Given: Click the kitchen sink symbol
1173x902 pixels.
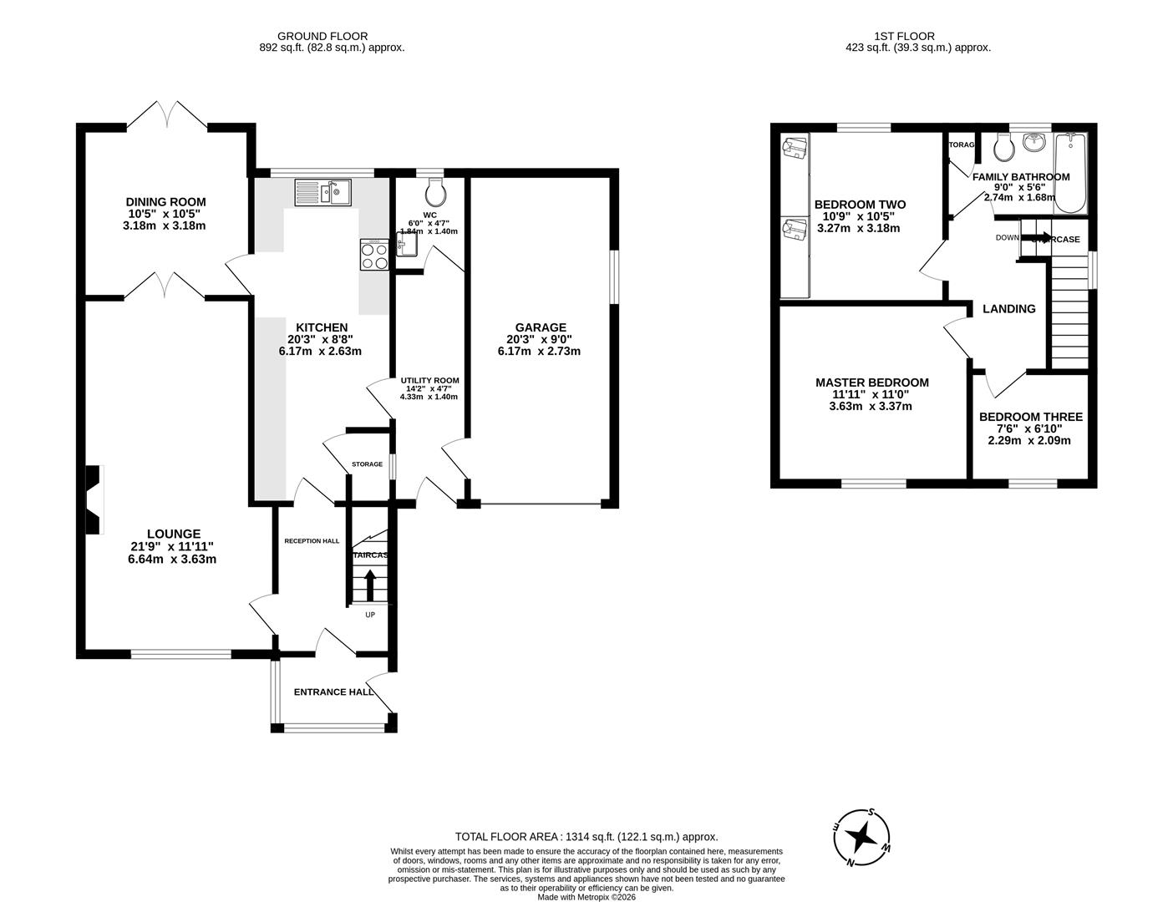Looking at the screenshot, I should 323,193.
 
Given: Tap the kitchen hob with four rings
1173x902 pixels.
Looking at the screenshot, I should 374,254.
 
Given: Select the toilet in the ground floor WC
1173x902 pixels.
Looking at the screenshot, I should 434,193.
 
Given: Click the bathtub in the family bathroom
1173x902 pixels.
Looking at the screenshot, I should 1070,173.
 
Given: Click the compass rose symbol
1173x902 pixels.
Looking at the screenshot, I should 863,837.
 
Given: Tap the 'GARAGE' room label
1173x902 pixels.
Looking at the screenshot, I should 541,327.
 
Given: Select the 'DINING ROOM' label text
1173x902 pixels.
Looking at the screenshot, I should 165,202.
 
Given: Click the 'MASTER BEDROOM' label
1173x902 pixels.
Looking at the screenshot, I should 871,383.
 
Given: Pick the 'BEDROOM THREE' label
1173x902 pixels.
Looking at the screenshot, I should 1030,417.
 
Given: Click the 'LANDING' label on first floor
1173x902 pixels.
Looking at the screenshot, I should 1008,309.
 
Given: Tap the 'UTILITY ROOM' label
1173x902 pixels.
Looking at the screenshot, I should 429,380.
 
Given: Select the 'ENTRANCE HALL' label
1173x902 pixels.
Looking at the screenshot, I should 333,692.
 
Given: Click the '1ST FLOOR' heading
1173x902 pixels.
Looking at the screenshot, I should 904,36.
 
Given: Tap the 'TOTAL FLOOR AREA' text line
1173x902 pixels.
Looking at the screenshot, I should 586,836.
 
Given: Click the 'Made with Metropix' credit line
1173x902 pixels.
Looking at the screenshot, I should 586,897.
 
